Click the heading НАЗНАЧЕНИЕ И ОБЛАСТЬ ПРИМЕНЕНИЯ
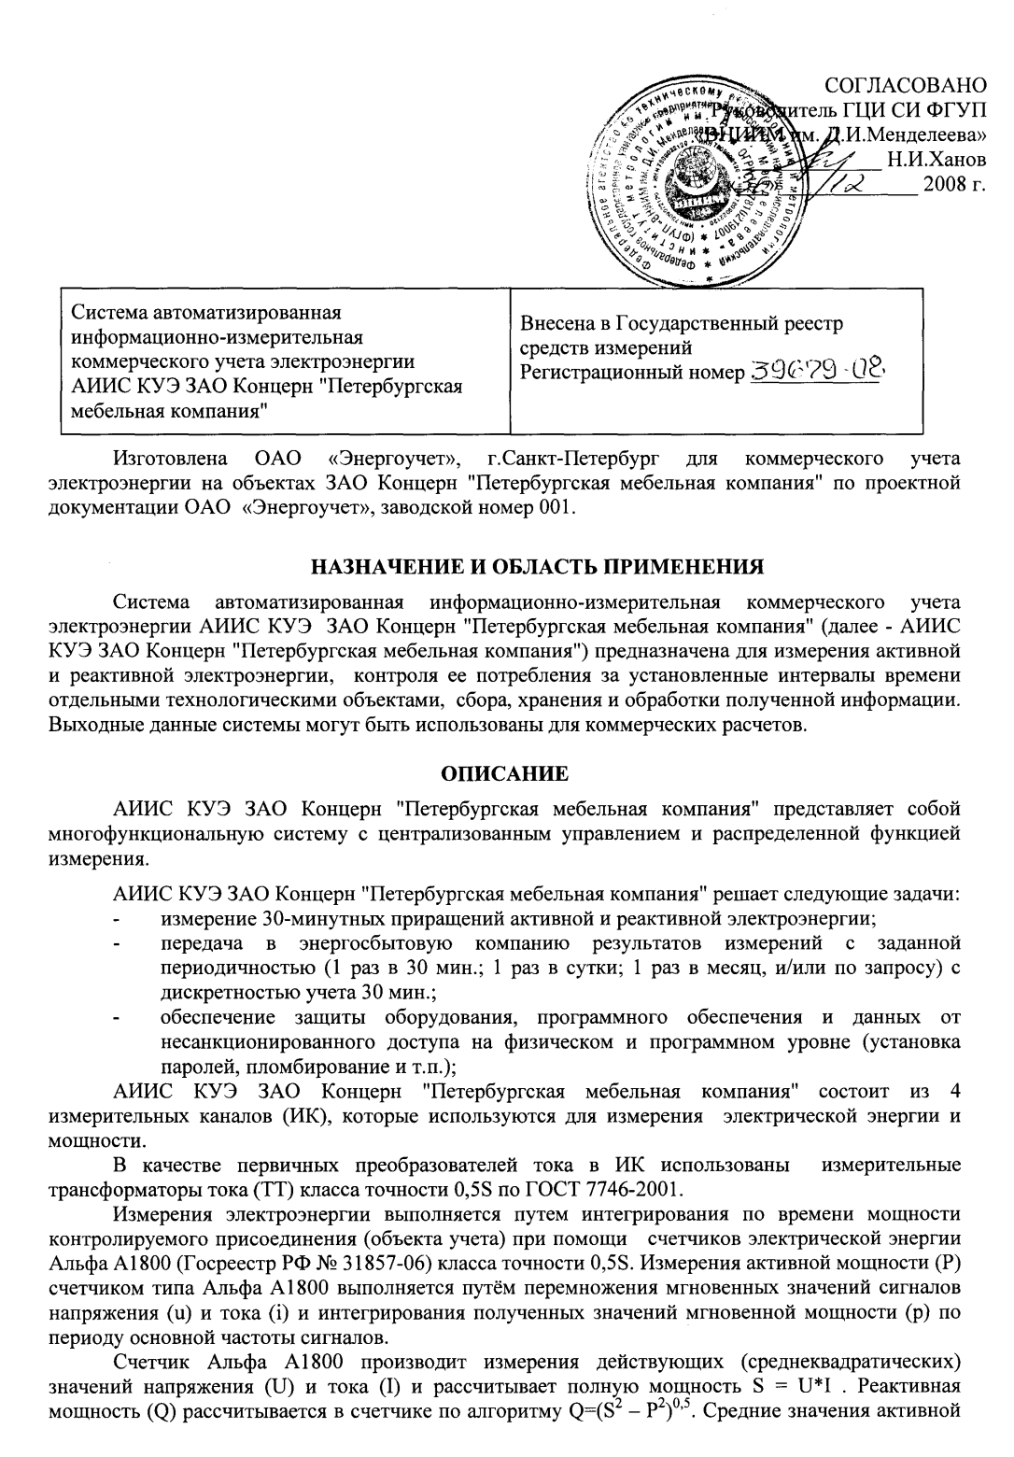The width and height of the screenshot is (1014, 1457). pyautogui.click(x=538, y=566)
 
